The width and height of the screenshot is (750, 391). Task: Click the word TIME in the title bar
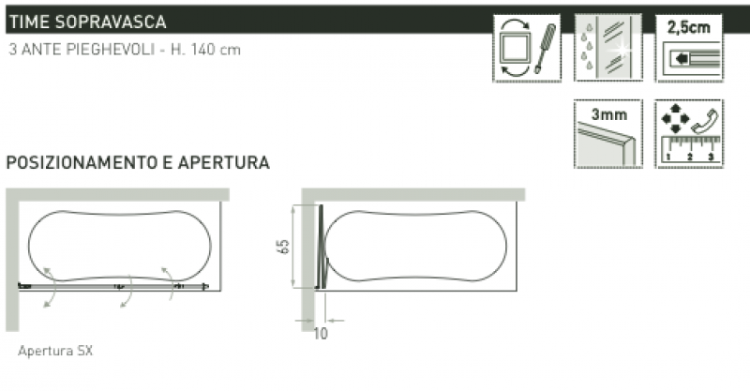pyautogui.click(x=28, y=22)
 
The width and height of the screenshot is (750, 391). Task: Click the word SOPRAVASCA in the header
pyautogui.click(x=110, y=22)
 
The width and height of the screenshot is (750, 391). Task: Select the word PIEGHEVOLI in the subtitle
pyautogui.click(x=110, y=50)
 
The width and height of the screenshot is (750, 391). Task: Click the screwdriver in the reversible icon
pyautogui.click(x=546, y=48)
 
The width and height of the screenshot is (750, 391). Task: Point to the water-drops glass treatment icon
pyautogui.click(x=607, y=48)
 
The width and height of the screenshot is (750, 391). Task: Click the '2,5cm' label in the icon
pyautogui.click(x=689, y=27)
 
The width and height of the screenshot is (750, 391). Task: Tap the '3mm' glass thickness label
pyautogui.click(x=608, y=114)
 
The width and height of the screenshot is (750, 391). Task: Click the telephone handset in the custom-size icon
pyautogui.click(x=706, y=121)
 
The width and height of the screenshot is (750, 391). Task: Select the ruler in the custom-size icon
pyautogui.click(x=690, y=150)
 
